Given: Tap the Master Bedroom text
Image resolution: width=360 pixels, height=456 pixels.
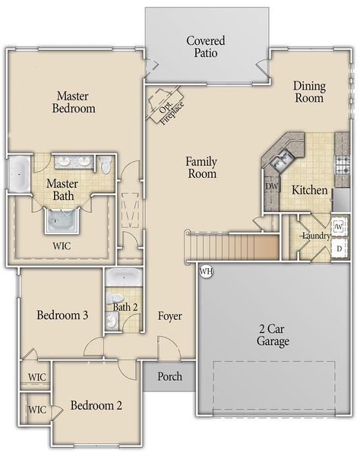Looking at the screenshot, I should [74, 102].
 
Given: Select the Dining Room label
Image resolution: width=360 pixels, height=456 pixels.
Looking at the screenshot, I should [309, 92].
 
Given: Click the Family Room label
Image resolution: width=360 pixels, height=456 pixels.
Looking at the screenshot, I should [201, 168].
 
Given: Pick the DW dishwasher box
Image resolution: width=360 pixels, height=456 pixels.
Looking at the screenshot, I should [271, 186].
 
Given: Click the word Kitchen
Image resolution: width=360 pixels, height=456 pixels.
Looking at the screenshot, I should [310, 190].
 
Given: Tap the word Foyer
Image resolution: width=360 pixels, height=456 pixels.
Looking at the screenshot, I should [169, 315].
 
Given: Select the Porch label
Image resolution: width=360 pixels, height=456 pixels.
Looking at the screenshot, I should [169, 376].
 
